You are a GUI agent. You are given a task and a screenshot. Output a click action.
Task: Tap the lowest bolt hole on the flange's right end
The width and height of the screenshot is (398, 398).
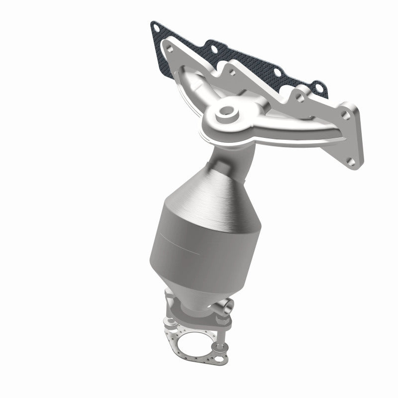[x=352, y=161]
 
